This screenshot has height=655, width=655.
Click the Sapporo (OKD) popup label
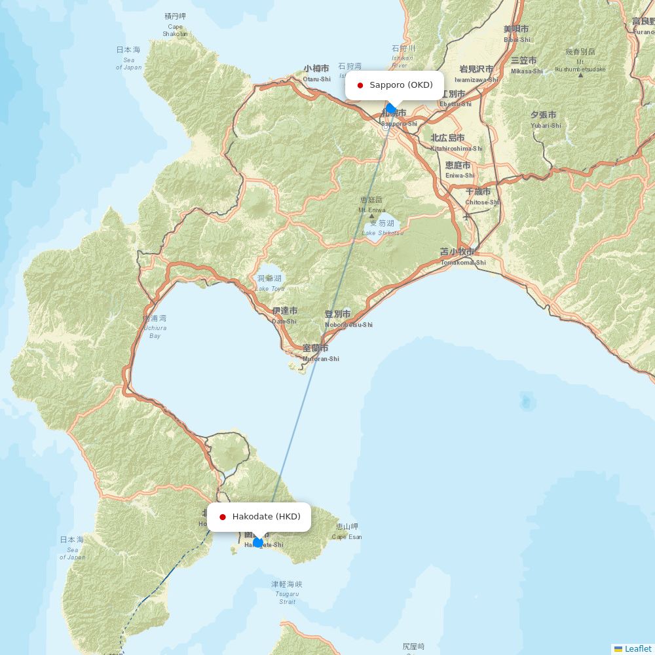401,85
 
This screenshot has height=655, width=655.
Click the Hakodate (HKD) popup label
266,517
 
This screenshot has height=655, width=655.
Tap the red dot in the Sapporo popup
360,85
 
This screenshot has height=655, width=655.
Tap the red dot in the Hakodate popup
223,517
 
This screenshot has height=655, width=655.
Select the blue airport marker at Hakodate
258,542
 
